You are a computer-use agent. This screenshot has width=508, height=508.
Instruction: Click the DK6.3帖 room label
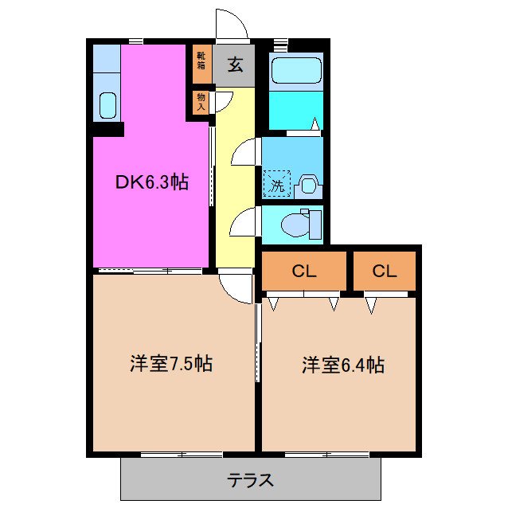(x=151, y=182)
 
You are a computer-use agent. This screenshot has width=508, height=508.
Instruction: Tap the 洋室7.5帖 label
(x=171, y=365)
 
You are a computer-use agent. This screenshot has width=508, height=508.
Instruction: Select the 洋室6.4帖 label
(x=343, y=365)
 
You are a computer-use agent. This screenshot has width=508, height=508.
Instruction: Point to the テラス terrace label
(x=251, y=480)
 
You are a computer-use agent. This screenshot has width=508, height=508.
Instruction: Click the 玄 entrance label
(x=236, y=65)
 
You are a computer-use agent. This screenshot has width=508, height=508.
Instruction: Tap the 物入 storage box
(x=201, y=101)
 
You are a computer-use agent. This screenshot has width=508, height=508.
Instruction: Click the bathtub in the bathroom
(x=296, y=71)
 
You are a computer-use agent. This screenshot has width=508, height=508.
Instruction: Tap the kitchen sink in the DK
(x=107, y=104)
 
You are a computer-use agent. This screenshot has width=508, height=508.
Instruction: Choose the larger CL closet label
(x=304, y=271)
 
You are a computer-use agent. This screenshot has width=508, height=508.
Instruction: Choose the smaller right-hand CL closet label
(x=385, y=271)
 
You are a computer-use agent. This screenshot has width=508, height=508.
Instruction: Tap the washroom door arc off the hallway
(x=244, y=152)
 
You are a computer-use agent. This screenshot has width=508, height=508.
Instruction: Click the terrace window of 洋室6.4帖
(x=326, y=455)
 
